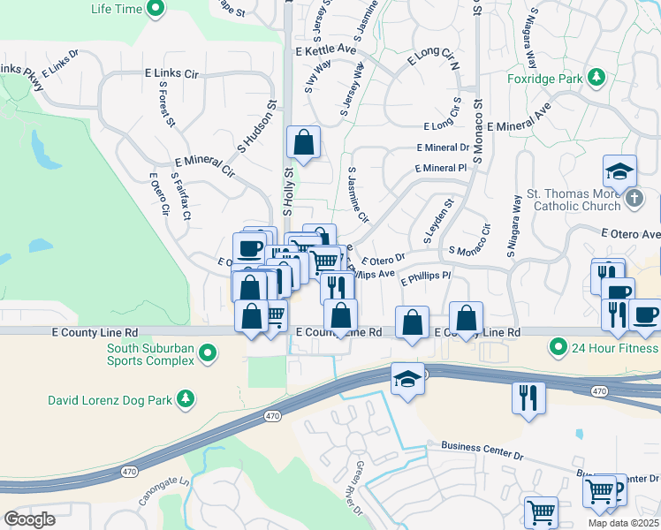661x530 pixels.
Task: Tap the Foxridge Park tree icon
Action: (x=596, y=78)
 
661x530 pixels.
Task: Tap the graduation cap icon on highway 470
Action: (x=406, y=378)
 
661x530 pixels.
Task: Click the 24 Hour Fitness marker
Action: (x=558, y=347)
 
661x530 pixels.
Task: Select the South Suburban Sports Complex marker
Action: (x=208, y=354)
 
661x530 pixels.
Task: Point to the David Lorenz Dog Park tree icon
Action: (x=186, y=400)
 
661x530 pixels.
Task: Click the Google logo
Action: (x=30, y=519)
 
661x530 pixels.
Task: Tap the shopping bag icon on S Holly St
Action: (x=303, y=142)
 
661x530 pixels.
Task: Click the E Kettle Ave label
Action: (x=321, y=53)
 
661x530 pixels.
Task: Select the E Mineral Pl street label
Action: (x=440, y=167)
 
